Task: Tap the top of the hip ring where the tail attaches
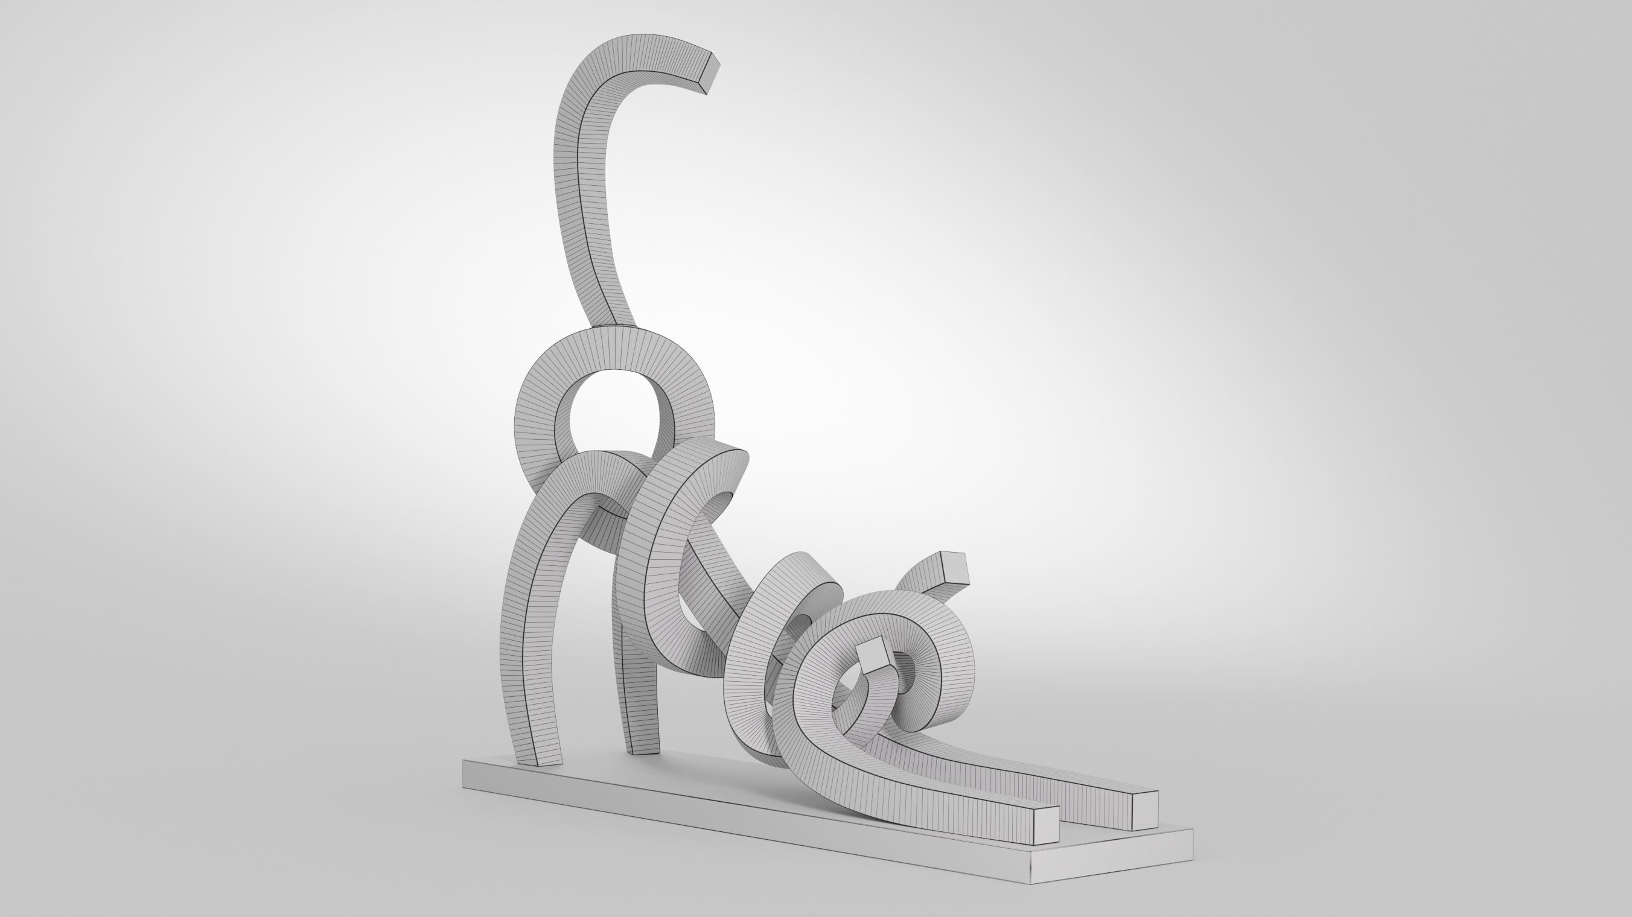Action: click(x=617, y=332)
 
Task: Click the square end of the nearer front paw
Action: click(x=1046, y=827)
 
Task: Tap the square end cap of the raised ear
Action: click(x=954, y=568)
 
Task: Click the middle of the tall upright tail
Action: click(x=579, y=209)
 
